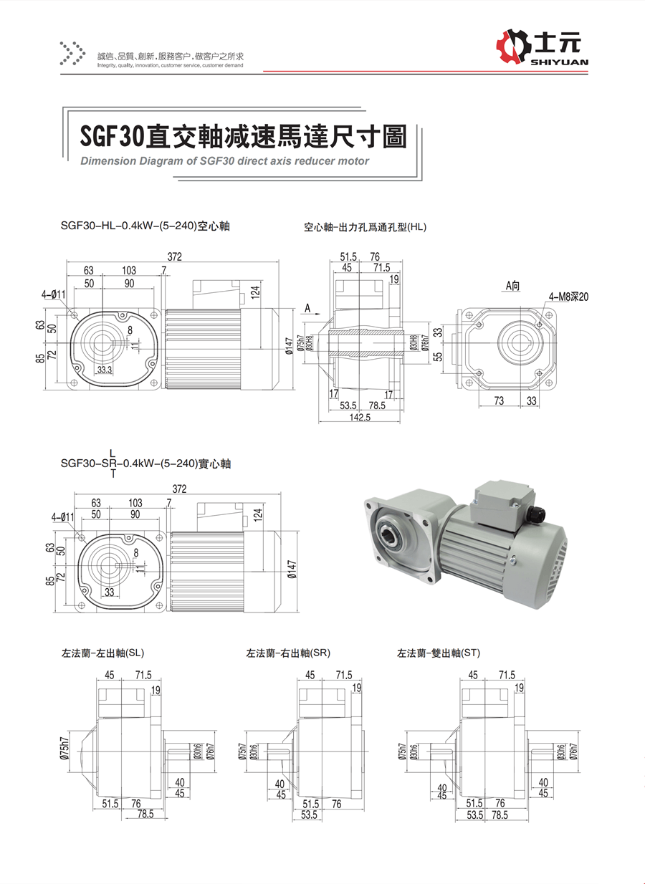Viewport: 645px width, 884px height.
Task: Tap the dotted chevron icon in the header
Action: [72, 54]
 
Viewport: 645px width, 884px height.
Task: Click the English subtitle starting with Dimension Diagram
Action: [224, 161]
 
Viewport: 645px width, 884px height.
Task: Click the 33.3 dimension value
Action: [104, 370]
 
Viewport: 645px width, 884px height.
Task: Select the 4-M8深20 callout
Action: [568, 296]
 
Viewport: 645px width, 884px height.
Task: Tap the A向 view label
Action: [512, 285]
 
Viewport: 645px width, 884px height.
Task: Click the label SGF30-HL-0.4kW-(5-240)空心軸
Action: [145, 226]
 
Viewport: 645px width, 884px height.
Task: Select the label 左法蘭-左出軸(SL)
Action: [102, 653]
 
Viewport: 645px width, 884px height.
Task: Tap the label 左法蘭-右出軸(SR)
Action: [287, 653]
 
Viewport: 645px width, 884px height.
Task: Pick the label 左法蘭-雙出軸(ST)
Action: [439, 653]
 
